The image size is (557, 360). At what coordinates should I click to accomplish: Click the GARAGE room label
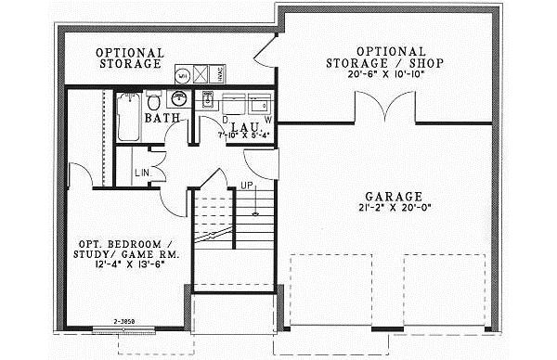[x=395, y=197]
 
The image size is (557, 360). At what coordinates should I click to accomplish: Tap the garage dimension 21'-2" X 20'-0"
[x=395, y=209]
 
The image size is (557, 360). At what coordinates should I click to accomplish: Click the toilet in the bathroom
[x=154, y=100]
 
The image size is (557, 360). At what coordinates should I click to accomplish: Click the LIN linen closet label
[x=142, y=174]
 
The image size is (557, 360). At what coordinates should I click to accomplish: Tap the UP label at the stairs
[x=248, y=185]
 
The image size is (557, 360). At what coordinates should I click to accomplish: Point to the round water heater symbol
[x=184, y=72]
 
